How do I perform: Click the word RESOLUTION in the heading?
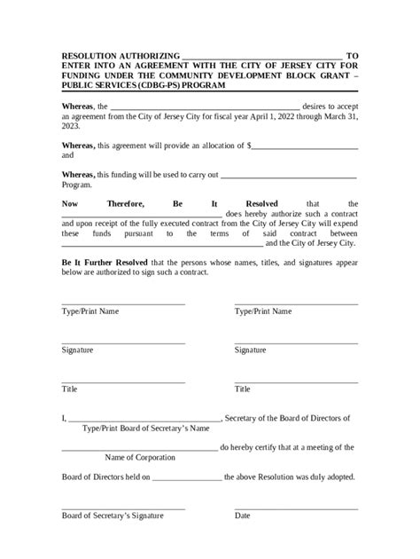(91, 55)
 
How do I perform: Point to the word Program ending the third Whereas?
(76, 185)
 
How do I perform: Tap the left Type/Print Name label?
(90, 312)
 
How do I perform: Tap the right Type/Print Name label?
(263, 312)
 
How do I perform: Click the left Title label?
(70, 389)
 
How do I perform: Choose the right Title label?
(243, 389)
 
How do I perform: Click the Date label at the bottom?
(243, 515)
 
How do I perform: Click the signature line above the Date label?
(296, 508)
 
